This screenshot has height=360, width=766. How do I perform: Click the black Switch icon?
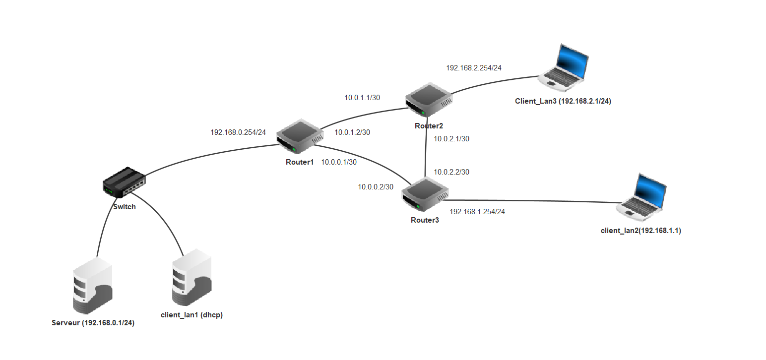124,181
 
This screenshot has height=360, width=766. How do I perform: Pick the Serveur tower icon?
93,286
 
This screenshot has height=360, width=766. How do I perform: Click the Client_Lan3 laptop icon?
565,68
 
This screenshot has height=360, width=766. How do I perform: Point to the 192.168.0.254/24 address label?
238,132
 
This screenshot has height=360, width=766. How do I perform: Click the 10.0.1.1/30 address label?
362,98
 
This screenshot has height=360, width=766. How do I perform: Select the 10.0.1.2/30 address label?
352,132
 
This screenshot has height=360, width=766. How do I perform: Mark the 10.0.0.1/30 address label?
339,162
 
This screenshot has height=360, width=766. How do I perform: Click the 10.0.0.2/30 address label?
376,187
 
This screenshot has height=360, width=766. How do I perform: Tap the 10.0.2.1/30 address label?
451,139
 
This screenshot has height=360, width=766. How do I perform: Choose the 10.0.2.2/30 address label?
451,172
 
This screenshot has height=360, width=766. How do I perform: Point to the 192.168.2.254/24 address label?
474,68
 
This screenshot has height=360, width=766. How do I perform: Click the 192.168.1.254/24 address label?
477,212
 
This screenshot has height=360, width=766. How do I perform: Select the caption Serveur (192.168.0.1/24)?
93,323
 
